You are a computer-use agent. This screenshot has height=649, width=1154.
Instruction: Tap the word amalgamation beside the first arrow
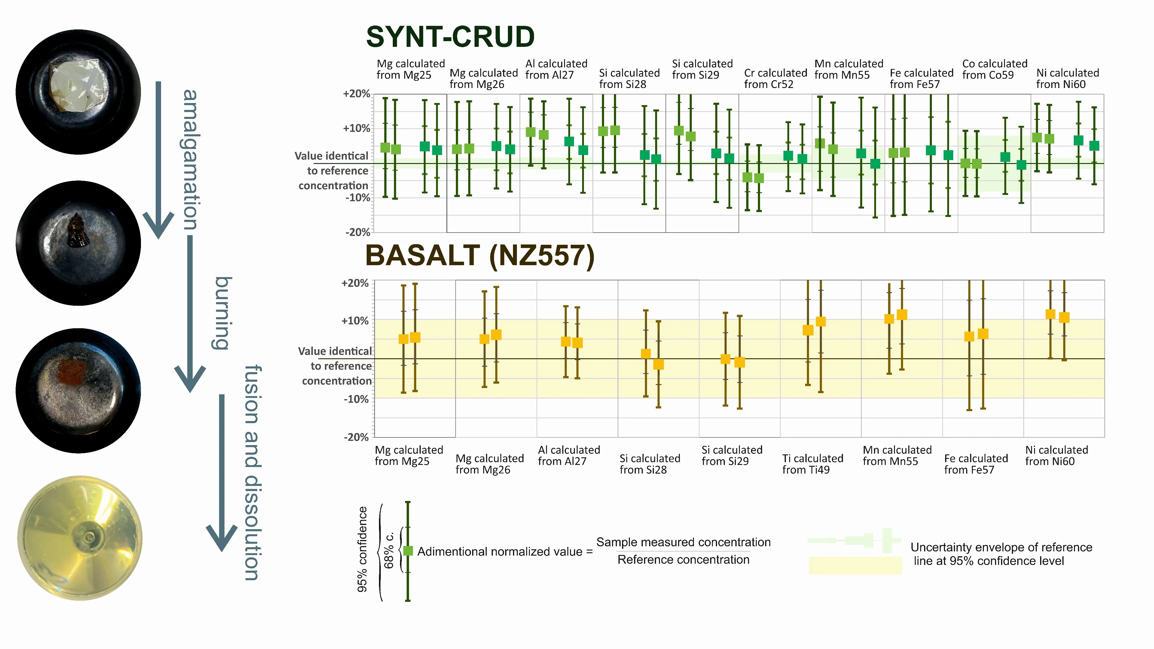tap(191, 159)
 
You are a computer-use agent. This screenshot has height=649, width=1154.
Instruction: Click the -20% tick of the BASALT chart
tap(356, 437)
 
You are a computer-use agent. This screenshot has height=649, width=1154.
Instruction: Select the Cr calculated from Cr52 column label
tap(775, 78)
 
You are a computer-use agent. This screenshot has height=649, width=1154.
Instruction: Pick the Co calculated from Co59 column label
tap(994, 69)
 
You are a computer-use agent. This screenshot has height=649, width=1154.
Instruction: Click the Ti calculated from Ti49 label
tap(812, 464)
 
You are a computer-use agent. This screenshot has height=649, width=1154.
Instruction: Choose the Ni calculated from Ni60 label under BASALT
tap(1056, 456)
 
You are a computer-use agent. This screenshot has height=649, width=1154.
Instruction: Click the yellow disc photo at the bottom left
tap(80, 538)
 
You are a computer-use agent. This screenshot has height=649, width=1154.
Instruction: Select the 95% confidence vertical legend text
tap(362, 550)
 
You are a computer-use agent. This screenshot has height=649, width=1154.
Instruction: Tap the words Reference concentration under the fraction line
tap(683, 560)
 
